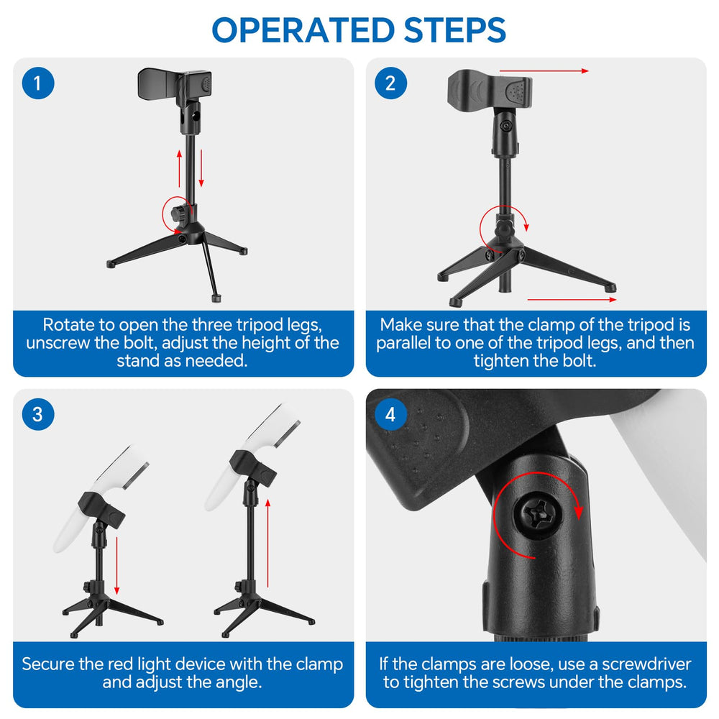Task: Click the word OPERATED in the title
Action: tap(303, 30)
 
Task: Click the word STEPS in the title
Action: tap(455, 30)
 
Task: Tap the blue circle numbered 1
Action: tap(38, 83)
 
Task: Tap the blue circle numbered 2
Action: tap(390, 83)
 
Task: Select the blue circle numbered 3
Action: tap(38, 414)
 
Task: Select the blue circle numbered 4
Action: tap(390, 414)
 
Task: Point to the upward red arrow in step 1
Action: tap(179, 168)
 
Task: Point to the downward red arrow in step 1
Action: tap(201, 168)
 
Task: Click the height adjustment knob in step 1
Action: tap(177, 214)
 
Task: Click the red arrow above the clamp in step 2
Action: tap(544, 71)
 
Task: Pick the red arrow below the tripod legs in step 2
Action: tap(572, 299)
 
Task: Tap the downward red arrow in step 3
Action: tap(117, 565)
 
